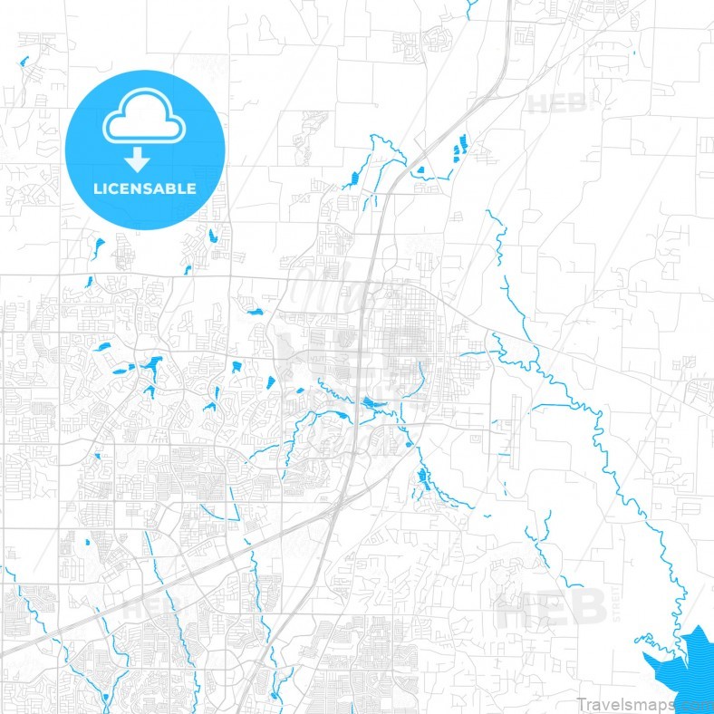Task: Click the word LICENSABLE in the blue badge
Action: point(145,189)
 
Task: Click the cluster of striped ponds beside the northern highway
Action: point(459,147)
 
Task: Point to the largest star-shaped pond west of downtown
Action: point(150,368)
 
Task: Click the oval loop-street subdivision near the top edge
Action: point(439,38)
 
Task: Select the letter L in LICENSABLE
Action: point(98,189)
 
